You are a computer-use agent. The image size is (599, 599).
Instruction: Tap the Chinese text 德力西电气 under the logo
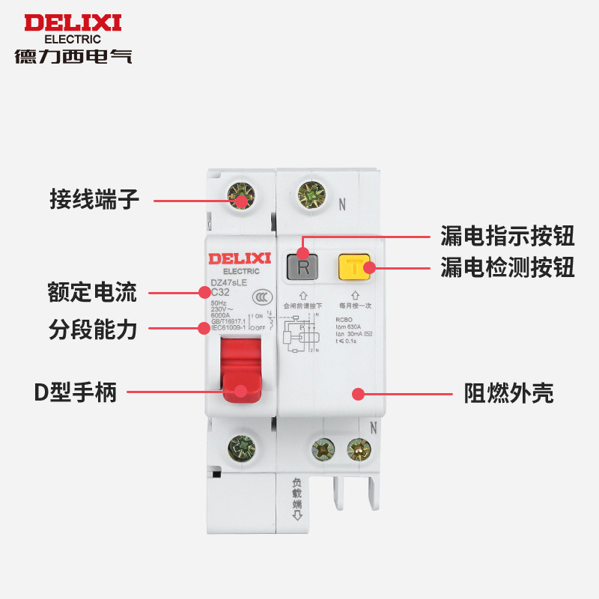pyautogui.click(x=73, y=56)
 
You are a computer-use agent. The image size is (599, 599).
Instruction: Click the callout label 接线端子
pyautogui.click(x=94, y=201)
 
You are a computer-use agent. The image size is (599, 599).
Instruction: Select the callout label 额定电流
pyautogui.click(x=92, y=293)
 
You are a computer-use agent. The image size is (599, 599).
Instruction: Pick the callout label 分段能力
pyautogui.click(x=92, y=329)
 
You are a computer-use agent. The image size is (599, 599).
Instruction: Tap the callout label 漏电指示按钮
pyautogui.click(x=507, y=237)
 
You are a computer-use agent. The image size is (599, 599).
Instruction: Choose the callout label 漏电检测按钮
pyautogui.click(x=507, y=267)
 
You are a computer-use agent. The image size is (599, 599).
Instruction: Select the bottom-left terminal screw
pyautogui.click(x=241, y=449)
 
